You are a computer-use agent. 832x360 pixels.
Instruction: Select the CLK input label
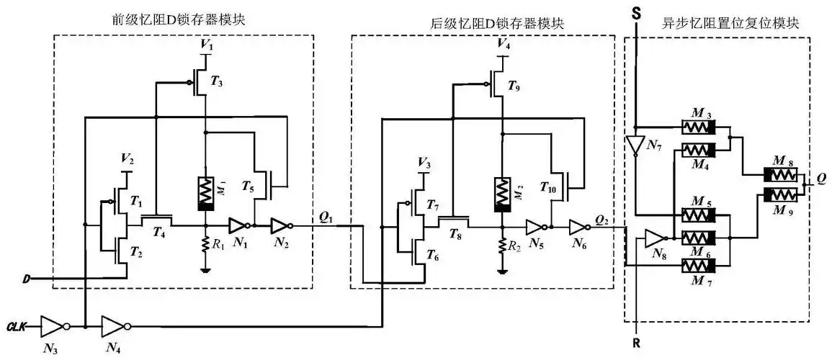[x=17, y=325]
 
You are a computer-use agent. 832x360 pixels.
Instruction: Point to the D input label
[x=25, y=279]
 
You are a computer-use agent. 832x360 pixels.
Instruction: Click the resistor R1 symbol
[x=207, y=246]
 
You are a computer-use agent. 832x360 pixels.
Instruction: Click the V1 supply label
[x=207, y=45]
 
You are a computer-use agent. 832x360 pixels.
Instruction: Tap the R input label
[x=637, y=344]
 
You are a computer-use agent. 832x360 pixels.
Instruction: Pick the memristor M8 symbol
[x=777, y=175]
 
